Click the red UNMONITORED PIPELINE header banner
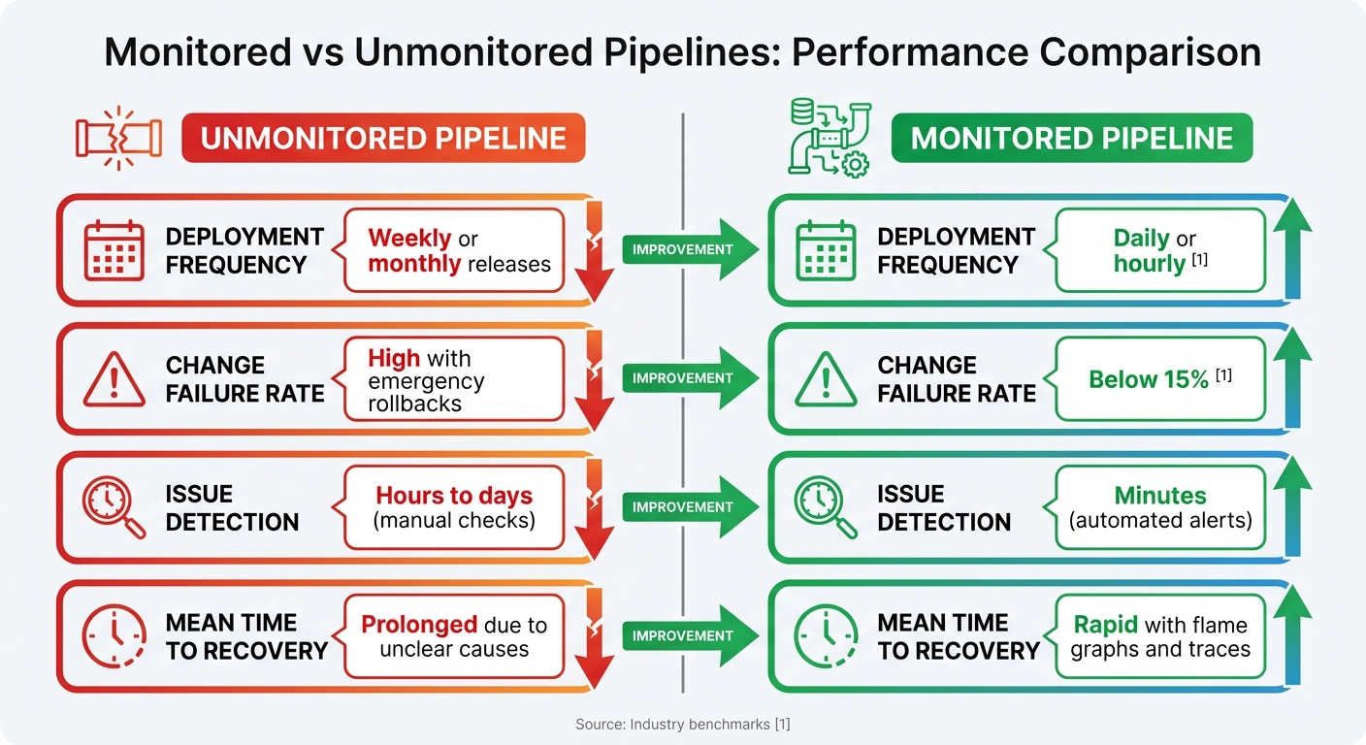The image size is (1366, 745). click(x=383, y=138)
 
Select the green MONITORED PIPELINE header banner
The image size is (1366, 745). click(x=1071, y=138)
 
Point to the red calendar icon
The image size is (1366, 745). click(x=114, y=250)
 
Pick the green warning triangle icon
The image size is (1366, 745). click(x=826, y=379)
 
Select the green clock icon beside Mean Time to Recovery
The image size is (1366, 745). click(x=826, y=636)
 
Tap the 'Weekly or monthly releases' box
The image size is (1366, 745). click(x=453, y=250)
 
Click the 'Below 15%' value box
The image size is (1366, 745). click(x=1160, y=379)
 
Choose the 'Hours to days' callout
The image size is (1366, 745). click(x=453, y=507)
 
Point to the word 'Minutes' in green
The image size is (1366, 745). click(x=1160, y=496)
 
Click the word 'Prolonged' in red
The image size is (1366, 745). click(x=419, y=625)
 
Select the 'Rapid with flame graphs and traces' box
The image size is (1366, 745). click(x=1160, y=636)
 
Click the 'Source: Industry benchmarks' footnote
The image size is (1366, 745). click(x=682, y=724)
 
